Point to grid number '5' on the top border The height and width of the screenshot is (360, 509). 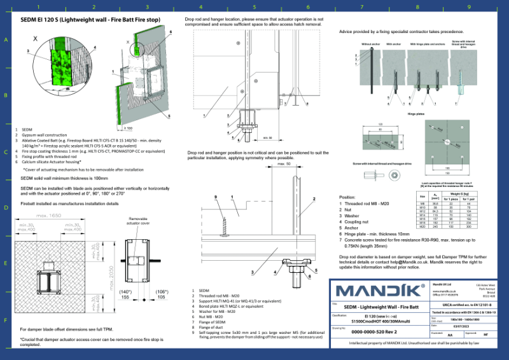(254, 7)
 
